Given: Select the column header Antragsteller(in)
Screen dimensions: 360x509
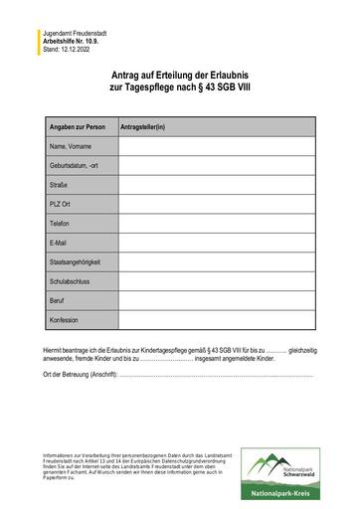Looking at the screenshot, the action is pos(143,128).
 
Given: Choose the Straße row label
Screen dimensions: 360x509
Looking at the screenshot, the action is pos(60,185).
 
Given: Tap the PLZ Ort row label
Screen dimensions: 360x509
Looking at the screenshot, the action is pos(62,204).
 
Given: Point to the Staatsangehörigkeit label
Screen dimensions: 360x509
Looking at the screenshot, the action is pos(76,262).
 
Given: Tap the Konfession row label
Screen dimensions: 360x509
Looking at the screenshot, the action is pos(64,320).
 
